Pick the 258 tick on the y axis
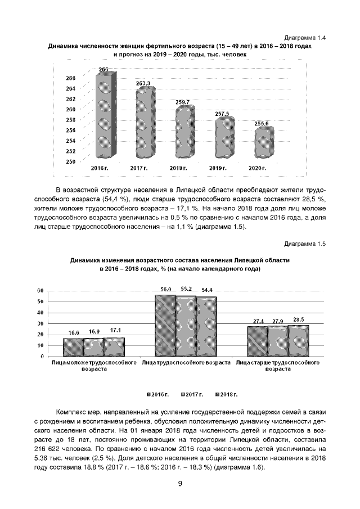(71, 120)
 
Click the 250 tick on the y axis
(71, 162)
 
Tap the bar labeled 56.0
(165, 326)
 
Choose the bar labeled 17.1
(115, 346)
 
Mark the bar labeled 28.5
(298, 340)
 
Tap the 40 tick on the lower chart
(40, 313)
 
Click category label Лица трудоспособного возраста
(186, 363)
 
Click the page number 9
(180, 484)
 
